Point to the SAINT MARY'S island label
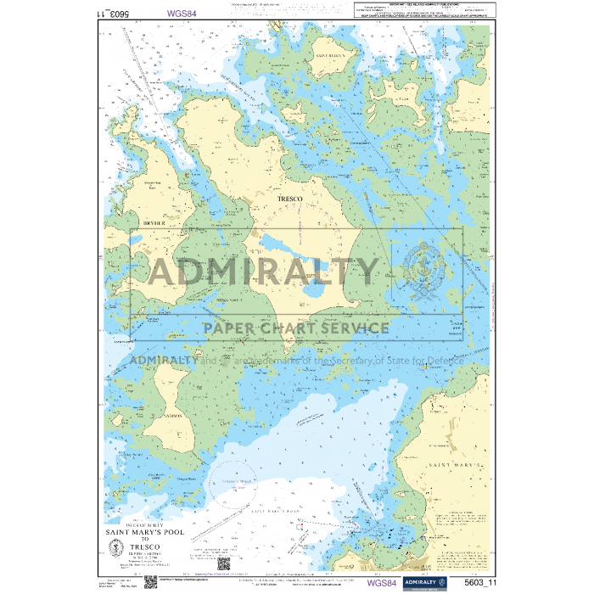click(457, 466)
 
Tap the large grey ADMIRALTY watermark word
click(263, 272)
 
